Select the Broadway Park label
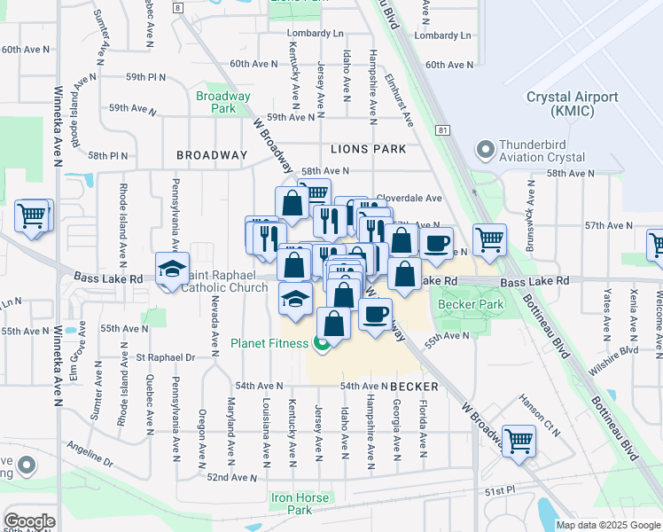pos(222,102)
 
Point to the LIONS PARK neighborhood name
pos(368,150)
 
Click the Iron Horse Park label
pos(300,504)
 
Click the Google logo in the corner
pos(29,520)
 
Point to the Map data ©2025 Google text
pos(607,525)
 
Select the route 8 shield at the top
pos(178,7)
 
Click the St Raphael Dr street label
pos(166,357)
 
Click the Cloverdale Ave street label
pos(409,199)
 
